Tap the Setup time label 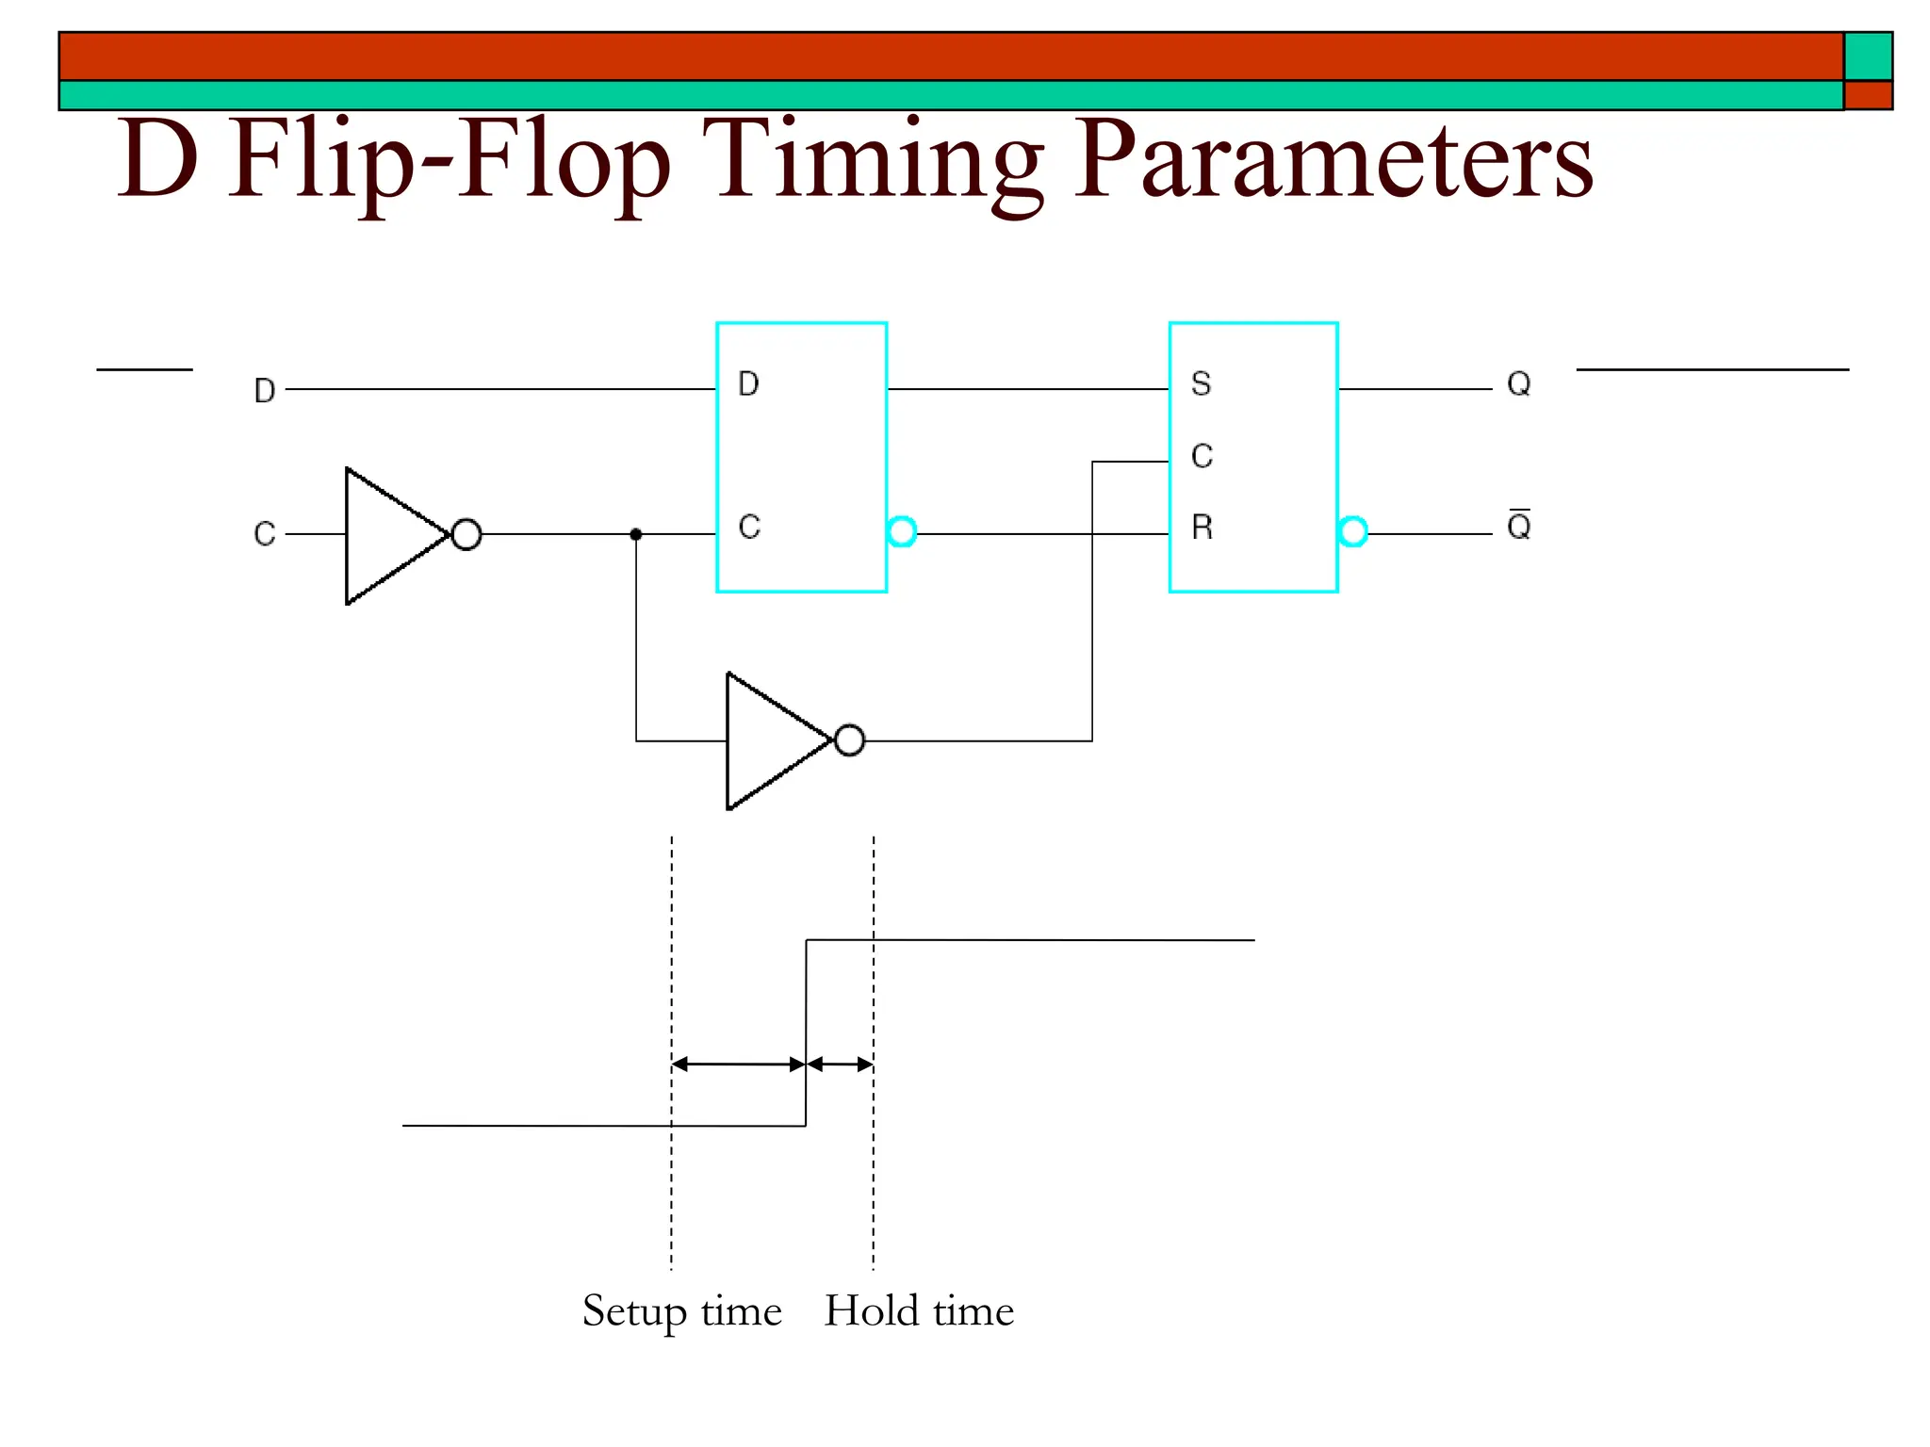click(x=681, y=1311)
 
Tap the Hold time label click(x=919, y=1310)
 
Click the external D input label click(x=265, y=390)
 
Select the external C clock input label click(x=265, y=534)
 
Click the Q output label click(x=1518, y=384)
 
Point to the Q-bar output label click(x=1518, y=526)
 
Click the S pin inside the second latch click(x=1201, y=384)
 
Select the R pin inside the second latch click(x=1202, y=528)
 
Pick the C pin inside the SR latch click(x=1202, y=457)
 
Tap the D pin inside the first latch click(x=748, y=384)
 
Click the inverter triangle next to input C click(x=391, y=535)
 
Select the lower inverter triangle click(x=773, y=740)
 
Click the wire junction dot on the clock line click(x=636, y=534)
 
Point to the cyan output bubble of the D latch click(x=902, y=531)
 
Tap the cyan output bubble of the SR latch click(x=1352, y=531)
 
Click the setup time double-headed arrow click(x=739, y=1065)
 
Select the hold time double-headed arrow click(x=841, y=1065)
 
